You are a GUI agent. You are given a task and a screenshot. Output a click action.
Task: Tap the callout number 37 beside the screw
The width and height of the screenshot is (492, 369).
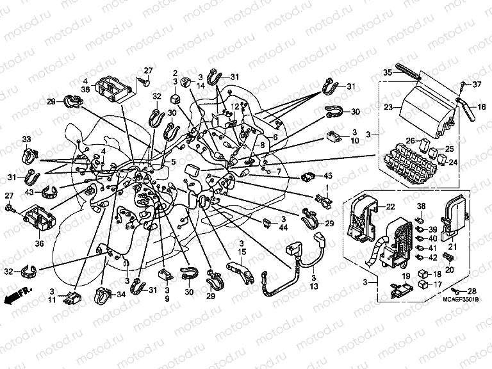tap(476, 85)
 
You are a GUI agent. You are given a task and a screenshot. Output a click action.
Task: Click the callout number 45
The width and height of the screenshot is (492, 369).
tap(328, 176)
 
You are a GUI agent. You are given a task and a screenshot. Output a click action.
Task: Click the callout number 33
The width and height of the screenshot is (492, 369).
tap(26, 140)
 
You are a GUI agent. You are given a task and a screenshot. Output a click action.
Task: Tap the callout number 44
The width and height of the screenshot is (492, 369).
tap(284, 227)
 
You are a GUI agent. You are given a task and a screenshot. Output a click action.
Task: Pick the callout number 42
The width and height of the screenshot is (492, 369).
tap(433, 257)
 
